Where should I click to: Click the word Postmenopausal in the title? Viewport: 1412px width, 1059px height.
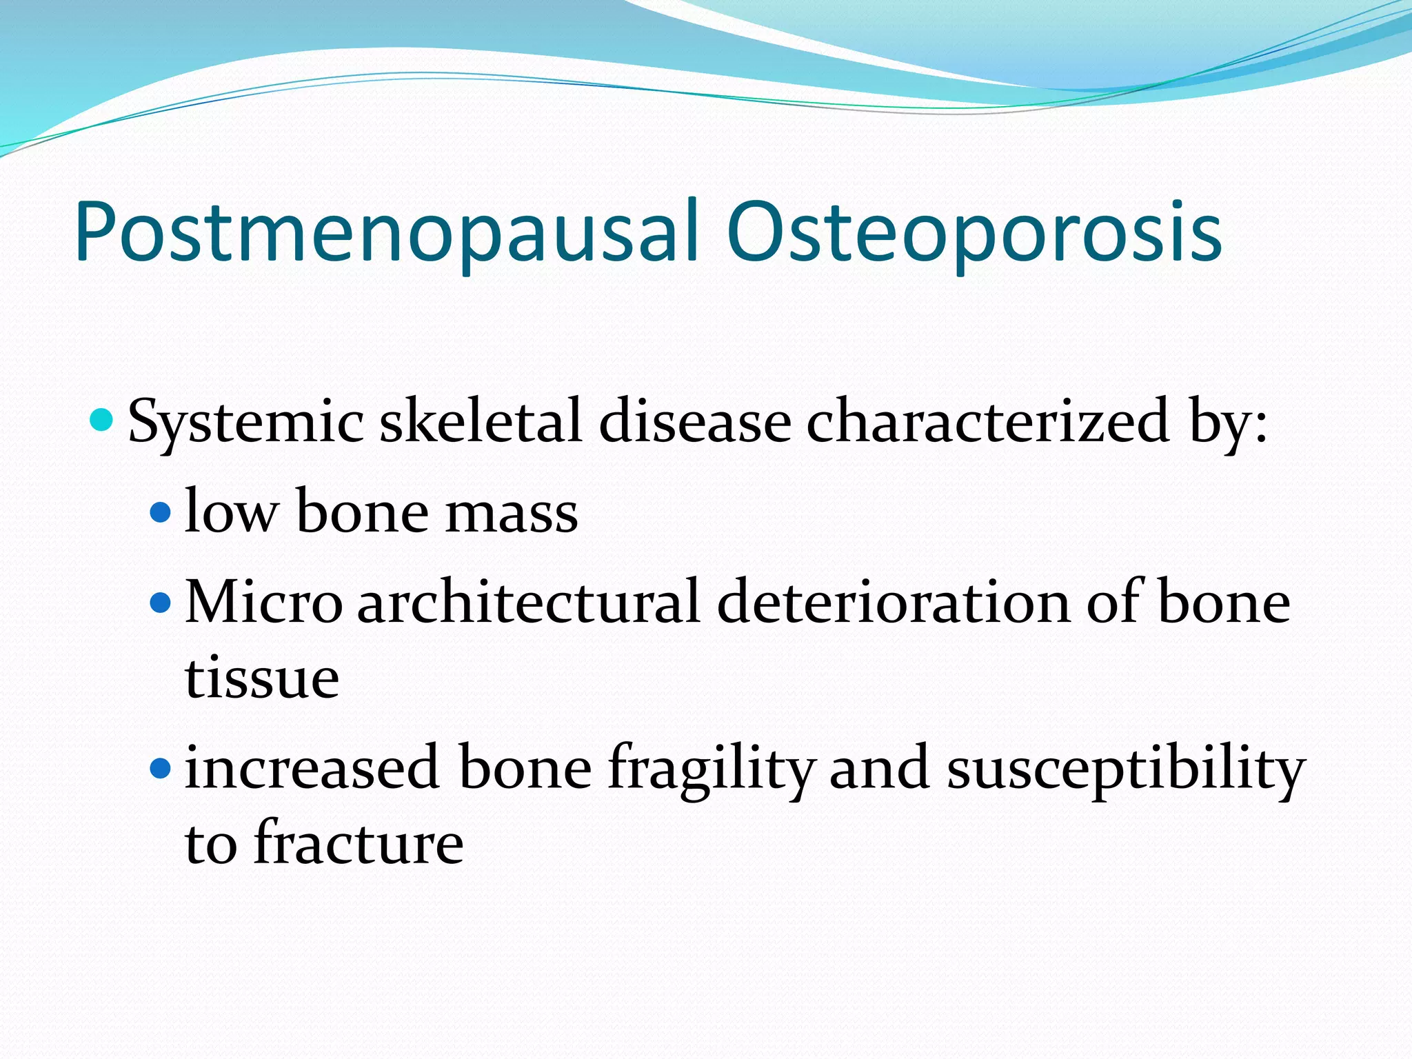(x=386, y=233)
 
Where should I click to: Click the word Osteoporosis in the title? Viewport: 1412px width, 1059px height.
(x=974, y=233)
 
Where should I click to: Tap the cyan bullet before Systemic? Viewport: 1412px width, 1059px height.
(x=102, y=419)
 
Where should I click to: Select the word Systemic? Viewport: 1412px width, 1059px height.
(x=245, y=422)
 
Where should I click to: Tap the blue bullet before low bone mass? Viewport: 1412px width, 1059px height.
(x=160, y=512)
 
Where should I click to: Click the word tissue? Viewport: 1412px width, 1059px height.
(x=262, y=678)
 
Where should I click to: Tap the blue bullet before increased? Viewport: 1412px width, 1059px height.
(x=160, y=767)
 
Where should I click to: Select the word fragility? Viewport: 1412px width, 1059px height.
(x=711, y=769)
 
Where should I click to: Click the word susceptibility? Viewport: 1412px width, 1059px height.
(x=1125, y=769)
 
